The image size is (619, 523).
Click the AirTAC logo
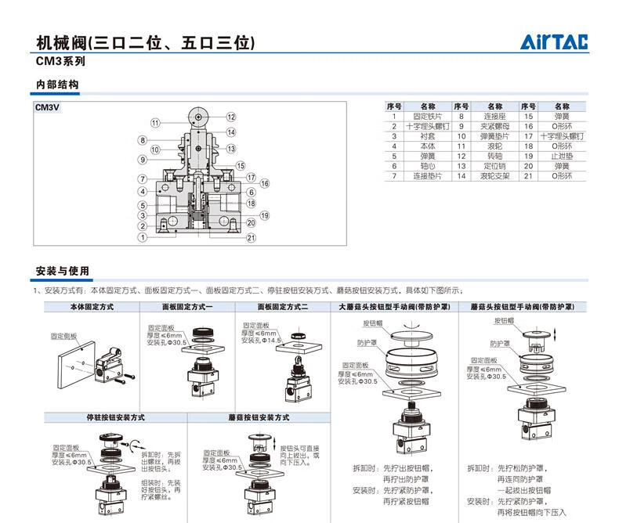(x=556, y=42)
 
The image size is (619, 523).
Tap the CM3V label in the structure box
(x=47, y=109)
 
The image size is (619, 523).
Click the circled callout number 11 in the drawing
(x=155, y=123)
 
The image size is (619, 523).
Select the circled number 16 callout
(x=265, y=183)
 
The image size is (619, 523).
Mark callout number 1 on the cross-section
(x=142, y=237)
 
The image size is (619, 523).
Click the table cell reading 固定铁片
(x=427, y=116)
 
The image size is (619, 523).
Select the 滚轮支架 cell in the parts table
(x=494, y=176)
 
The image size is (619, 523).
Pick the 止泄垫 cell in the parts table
(x=561, y=156)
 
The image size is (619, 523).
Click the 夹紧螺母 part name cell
(x=494, y=126)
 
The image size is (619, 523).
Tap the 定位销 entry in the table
(x=494, y=166)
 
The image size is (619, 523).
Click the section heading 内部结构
(x=57, y=85)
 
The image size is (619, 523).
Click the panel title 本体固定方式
(x=92, y=307)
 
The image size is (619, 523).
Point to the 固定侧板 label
(x=65, y=335)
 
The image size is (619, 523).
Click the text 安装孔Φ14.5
(x=262, y=341)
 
